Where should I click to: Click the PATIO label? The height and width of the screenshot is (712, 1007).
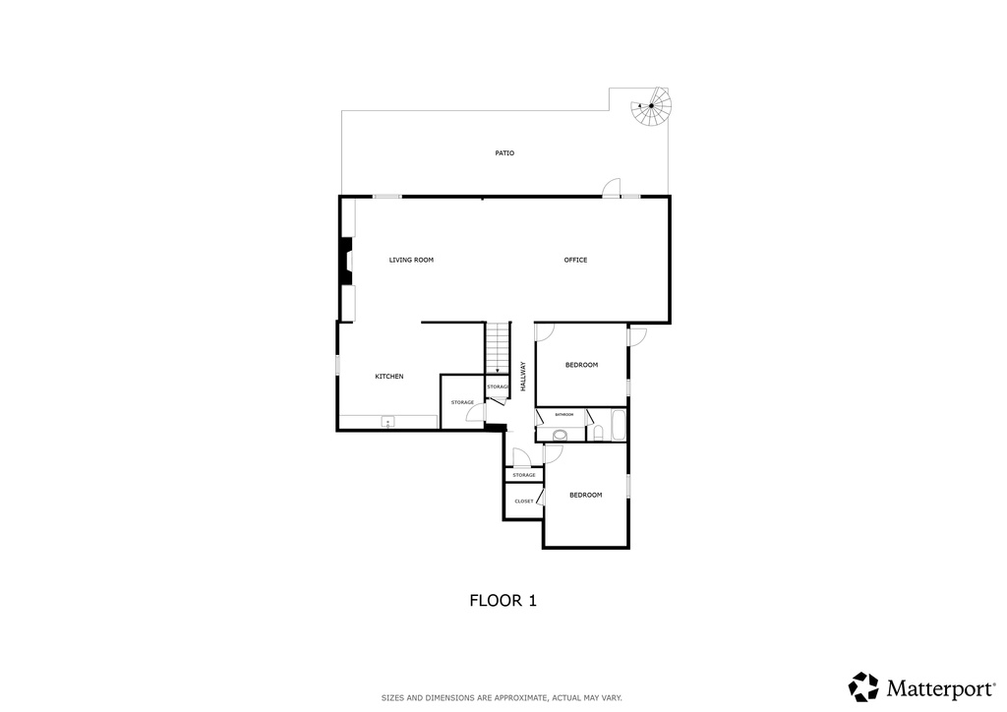point(504,153)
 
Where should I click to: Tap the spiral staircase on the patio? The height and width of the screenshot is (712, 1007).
point(651,107)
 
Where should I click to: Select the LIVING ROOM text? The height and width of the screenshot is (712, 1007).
point(411,261)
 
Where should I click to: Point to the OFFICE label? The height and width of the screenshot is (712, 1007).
point(575,261)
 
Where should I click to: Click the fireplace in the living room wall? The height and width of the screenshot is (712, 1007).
point(346,262)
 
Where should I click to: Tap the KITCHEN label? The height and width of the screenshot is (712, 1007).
point(389,378)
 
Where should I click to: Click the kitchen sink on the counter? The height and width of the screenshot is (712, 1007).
point(387,423)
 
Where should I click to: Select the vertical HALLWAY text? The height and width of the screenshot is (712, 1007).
point(523,377)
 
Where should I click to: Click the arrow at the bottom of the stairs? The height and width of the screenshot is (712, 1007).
point(499,371)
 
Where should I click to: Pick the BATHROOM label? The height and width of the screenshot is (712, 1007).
point(563,415)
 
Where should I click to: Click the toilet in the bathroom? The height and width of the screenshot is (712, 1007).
point(598,433)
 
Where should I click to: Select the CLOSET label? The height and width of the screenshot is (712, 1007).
point(524,502)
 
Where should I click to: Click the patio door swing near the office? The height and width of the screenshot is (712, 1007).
point(613,187)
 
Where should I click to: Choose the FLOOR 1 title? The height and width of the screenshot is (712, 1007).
point(503,600)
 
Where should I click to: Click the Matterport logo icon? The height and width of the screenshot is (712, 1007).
point(863,686)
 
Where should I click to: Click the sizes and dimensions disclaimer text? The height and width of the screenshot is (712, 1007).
point(502,698)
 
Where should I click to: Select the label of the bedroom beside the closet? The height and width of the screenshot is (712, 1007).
point(585,496)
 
